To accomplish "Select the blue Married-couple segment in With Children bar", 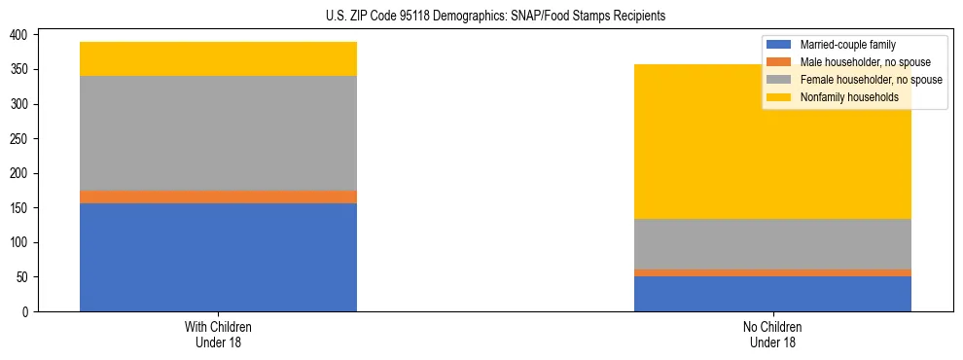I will pos(218,257).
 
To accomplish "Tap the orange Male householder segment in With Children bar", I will pos(218,197).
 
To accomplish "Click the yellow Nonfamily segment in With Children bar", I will pos(218,59).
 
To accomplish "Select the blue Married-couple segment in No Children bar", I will pos(772,294).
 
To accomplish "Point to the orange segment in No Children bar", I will pos(772,272).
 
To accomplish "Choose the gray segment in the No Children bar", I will pos(772,243).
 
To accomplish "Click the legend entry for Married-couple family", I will pos(847,45).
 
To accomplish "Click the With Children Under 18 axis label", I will pos(218,334).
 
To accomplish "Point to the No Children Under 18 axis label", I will pos(772,334).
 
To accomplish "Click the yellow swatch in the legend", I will pos(779,97).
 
